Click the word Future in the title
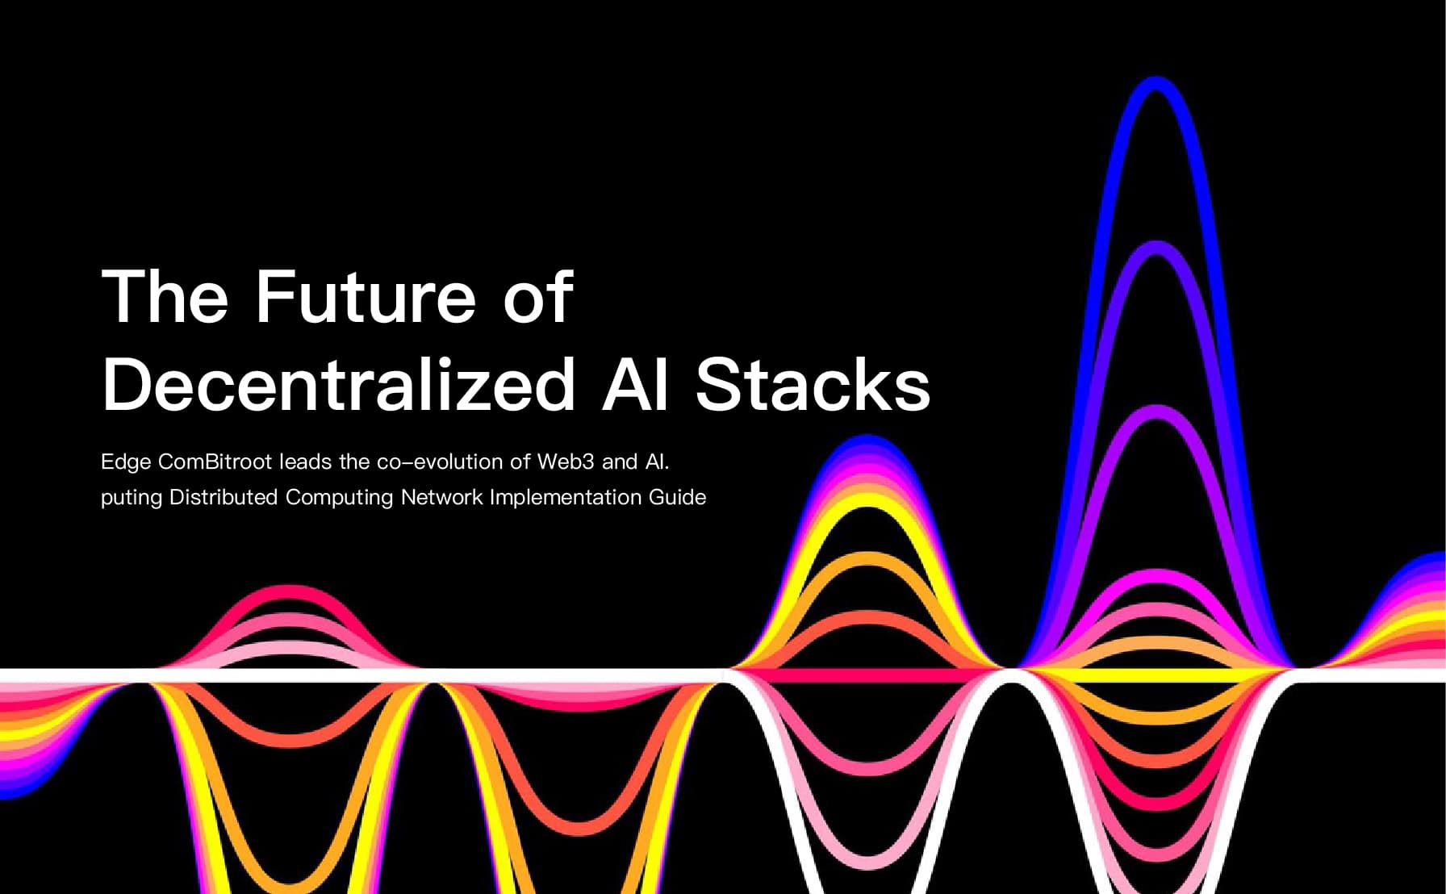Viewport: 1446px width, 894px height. (x=366, y=297)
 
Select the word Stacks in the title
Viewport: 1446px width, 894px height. (x=813, y=385)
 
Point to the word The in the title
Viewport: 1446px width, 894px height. (x=165, y=297)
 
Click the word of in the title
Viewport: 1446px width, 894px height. (x=538, y=297)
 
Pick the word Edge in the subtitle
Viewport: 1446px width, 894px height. (x=126, y=462)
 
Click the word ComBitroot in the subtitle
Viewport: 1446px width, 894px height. (x=215, y=462)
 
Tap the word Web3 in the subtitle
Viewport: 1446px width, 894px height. (x=566, y=462)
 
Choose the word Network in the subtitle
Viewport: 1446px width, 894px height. (x=441, y=497)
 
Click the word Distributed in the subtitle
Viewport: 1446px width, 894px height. (x=224, y=497)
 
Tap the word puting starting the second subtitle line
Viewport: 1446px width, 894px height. (x=131, y=498)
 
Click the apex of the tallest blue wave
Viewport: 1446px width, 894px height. (x=1156, y=81)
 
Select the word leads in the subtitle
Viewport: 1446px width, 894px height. (x=306, y=462)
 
